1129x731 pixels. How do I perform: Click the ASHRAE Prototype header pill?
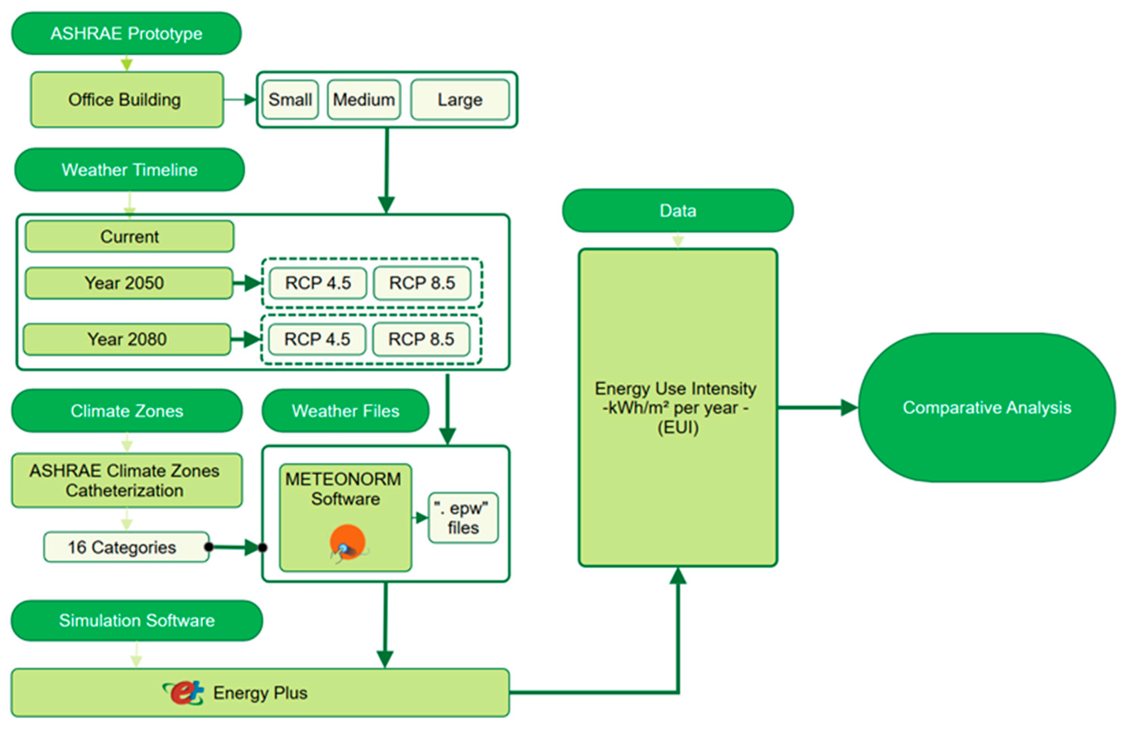click(126, 33)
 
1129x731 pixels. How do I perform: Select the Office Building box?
click(127, 99)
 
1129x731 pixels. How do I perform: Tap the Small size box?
click(290, 99)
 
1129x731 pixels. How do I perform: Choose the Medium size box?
click(364, 99)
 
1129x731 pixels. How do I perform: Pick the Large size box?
click(460, 99)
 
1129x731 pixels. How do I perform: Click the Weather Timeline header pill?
click(129, 169)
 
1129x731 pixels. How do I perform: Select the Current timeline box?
click(129, 236)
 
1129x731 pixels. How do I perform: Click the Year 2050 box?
click(129, 283)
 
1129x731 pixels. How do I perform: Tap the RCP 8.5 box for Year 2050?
click(422, 283)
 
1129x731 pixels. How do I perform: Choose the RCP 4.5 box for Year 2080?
click(317, 339)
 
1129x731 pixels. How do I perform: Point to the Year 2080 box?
click(127, 339)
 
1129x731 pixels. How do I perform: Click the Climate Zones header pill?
click(127, 410)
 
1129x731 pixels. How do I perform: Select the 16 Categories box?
click(126, 547)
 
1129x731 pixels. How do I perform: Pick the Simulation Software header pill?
click(137, 620)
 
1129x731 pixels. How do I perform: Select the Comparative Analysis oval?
click(987, 407)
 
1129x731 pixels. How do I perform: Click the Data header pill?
click(678, 210)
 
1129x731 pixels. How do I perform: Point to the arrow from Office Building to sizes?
click(240, 99)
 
